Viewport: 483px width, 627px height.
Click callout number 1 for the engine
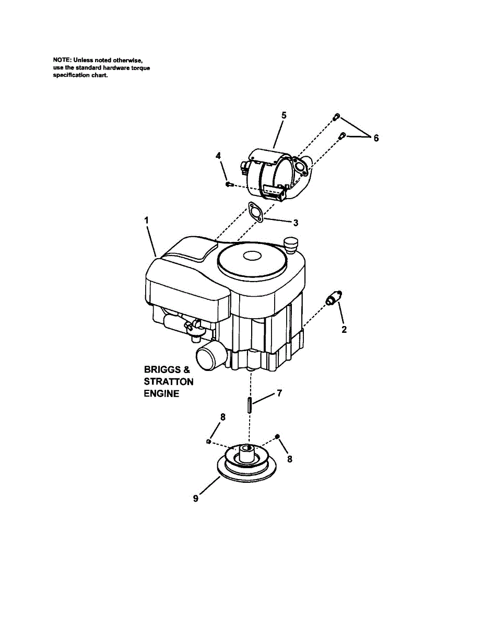point(147,221)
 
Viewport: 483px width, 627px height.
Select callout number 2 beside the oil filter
point(344,330)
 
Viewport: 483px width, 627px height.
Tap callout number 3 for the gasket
point(296,223)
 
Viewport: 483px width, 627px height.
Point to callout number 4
point(218,156)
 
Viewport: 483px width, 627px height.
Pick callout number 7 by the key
point(279,393)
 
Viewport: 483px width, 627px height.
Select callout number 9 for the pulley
point(196,498)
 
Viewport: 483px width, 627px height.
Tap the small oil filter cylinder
point(333,299)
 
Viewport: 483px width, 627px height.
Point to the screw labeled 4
point(228,184)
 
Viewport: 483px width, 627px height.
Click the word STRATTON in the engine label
point(168,381)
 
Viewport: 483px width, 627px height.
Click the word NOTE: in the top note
point(63,61)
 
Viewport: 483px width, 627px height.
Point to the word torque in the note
point(139,68)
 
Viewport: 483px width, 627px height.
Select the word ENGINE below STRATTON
point(161,393)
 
